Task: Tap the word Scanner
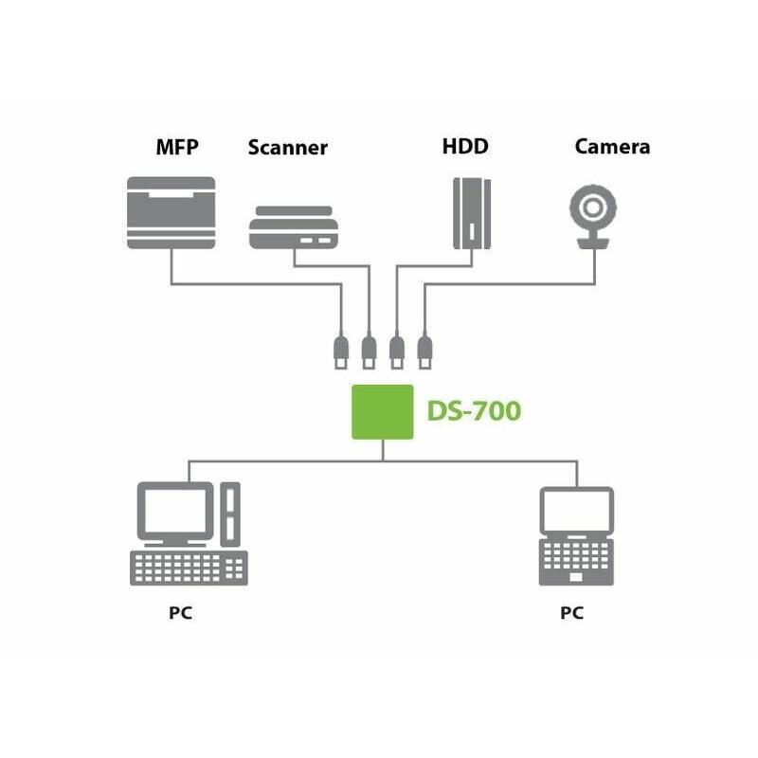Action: coord(287,147)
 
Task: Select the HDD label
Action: coord(465,147)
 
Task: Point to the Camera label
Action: coord(612,147)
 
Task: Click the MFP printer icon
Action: coord(171,212)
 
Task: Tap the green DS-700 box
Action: coord(383,411)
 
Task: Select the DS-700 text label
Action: coord(474,412)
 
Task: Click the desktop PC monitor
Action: coord(175,512)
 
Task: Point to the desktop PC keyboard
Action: coord(188,568)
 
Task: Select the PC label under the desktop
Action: coord(181,613)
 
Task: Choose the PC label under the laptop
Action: coord(571,613)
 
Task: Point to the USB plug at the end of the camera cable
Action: coord(424,350)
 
